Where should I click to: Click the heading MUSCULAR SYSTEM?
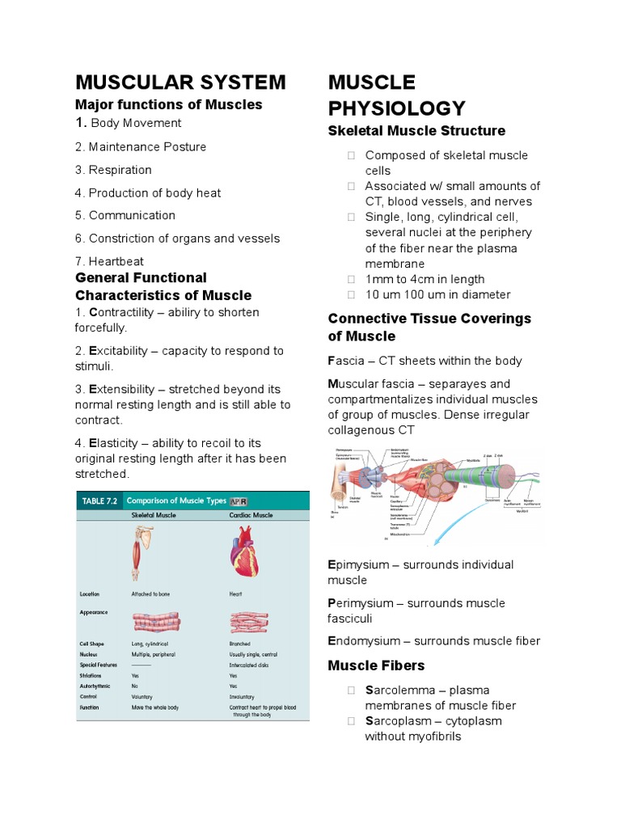point(180,82)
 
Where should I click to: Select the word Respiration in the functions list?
point(120,170)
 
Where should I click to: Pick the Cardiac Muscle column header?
point(251,515)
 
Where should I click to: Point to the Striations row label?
point(90,675)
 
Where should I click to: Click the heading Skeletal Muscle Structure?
point(416,131)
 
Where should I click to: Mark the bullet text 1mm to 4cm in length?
point(426,279)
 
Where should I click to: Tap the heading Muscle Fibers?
point(376,665)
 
